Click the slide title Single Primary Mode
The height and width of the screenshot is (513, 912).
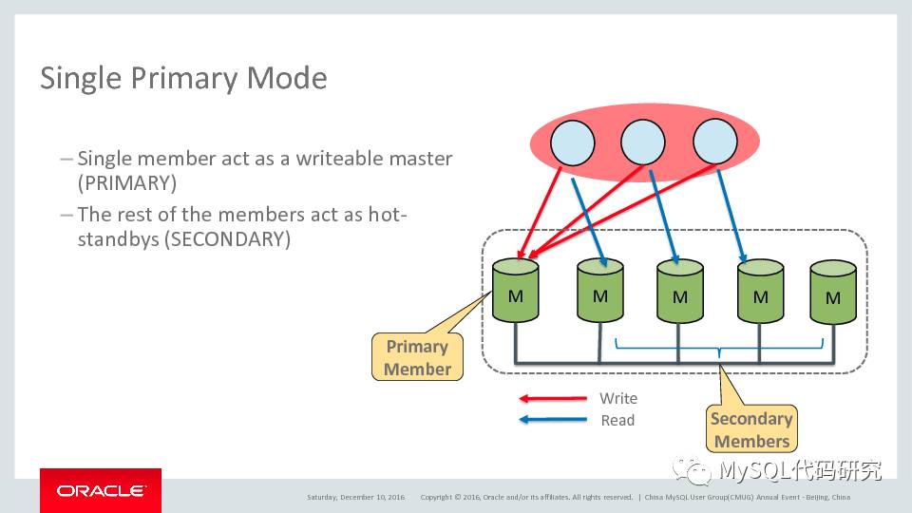click(183, 78)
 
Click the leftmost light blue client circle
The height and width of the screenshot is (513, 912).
click(572, 143)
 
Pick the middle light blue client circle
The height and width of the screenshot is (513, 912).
click(643, 143)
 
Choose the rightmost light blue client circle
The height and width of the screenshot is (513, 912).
click(714, 143)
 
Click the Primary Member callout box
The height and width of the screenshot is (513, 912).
click(417, 357)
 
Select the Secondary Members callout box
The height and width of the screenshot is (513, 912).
click(751, 429)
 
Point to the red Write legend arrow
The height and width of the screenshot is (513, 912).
click(552, 399)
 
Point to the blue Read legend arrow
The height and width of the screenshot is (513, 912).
click(552, 420)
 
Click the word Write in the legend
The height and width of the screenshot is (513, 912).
click(618, 399)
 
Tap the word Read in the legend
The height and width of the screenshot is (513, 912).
click(617, 420)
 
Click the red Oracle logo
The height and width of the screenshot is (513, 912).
click(101, 490)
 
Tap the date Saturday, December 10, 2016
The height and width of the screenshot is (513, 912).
click(355, 497)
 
